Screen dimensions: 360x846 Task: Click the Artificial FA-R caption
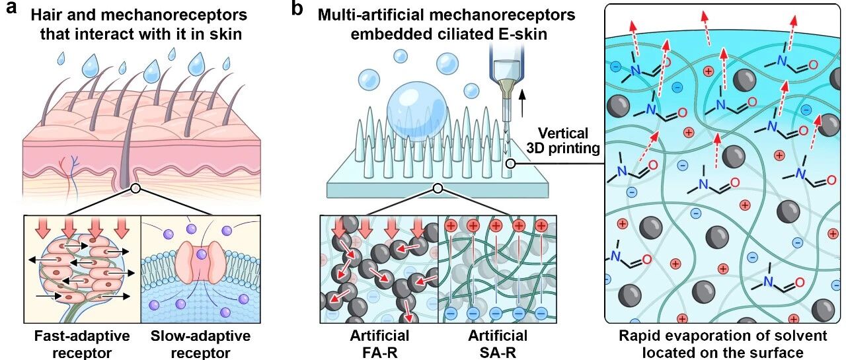click(x=379, y=343)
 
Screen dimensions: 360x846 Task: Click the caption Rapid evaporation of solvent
click(x=722, y=336)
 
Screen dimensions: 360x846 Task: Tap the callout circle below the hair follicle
click(x=135, y=188)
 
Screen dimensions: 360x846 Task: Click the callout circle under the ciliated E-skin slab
click(x=437, y=189)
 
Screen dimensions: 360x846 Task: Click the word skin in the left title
click(x=224, y=32)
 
